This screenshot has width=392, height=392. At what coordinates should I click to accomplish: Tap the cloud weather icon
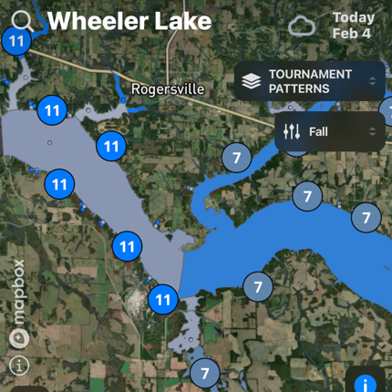(302, 26)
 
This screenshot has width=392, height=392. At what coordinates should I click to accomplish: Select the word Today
(353, 17)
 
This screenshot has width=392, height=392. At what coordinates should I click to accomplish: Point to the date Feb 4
(351, 34)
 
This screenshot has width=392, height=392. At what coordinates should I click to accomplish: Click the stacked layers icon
(251, 82)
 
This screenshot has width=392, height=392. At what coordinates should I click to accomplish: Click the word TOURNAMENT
(310, 75)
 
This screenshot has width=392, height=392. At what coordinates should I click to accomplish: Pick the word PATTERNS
(298, 89)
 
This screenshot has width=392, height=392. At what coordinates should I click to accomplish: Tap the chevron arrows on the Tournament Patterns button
(372, 82)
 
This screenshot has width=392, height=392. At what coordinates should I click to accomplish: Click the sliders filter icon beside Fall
(292, 132)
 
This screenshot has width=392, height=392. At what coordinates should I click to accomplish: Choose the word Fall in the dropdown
(318, 132)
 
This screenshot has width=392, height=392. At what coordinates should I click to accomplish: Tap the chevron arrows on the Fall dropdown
(372, 132)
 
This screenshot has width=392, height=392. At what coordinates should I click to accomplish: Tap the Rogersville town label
(168, 89)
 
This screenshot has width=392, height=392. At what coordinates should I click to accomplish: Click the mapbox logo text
(19, 292)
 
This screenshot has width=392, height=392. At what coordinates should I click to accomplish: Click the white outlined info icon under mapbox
(19, 365)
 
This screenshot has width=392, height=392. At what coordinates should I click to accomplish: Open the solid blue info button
(366, 384)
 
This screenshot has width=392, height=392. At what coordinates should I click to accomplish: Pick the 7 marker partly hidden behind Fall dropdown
(294, 146)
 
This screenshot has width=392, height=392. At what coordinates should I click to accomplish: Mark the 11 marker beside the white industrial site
(163, 298)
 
